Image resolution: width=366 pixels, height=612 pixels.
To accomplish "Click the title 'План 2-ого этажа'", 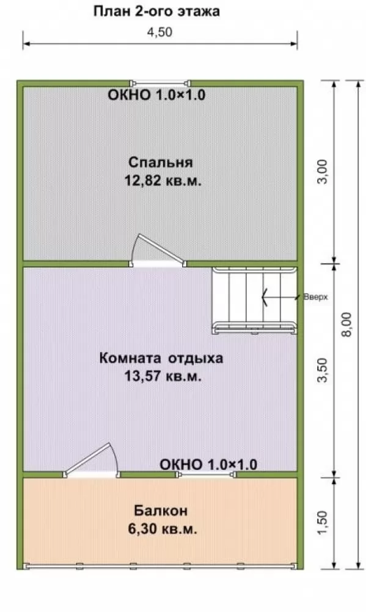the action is tap(156, 11).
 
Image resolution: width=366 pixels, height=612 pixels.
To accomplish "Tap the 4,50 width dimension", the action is tap(159, 32).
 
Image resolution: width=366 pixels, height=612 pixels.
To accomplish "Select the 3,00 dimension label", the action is tap(323, 171).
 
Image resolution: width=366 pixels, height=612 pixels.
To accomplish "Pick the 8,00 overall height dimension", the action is tap(346, 324).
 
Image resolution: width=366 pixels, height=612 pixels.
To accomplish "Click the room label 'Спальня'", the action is tap(161, 162).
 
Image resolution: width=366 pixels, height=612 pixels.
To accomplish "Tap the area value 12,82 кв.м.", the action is tap(163, 181).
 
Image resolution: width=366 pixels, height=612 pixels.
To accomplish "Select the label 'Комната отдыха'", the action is tap(161, 358).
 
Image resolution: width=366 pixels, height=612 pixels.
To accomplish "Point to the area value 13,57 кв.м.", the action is tap(163, 376).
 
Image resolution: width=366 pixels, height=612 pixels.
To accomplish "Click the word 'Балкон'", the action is tap(161, 510).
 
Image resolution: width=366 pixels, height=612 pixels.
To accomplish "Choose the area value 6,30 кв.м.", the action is tap(163, 529).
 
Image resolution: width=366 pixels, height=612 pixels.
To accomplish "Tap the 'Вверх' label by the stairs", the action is tap(316, 297).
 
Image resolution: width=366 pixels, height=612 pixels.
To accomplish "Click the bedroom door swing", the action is tap(156, 250).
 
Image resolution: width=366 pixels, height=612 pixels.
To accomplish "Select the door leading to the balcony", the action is tap(92, 461).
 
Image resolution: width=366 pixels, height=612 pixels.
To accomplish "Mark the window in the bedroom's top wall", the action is tap(160, 83).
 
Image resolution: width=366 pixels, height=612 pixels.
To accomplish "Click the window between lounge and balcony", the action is tap(207, 475).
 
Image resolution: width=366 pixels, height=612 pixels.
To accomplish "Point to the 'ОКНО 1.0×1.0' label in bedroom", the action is tap(156, 95).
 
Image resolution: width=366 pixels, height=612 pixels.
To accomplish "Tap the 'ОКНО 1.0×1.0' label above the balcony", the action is tap(208, 465).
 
